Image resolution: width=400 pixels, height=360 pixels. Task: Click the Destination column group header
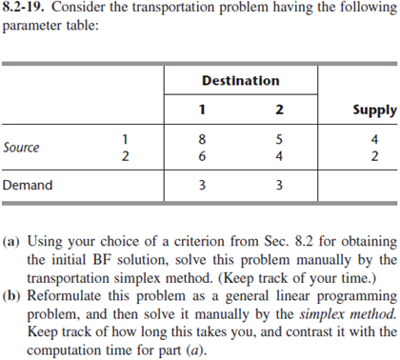tap(240, 80)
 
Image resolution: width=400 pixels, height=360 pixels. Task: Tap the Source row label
tap(22, 148)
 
